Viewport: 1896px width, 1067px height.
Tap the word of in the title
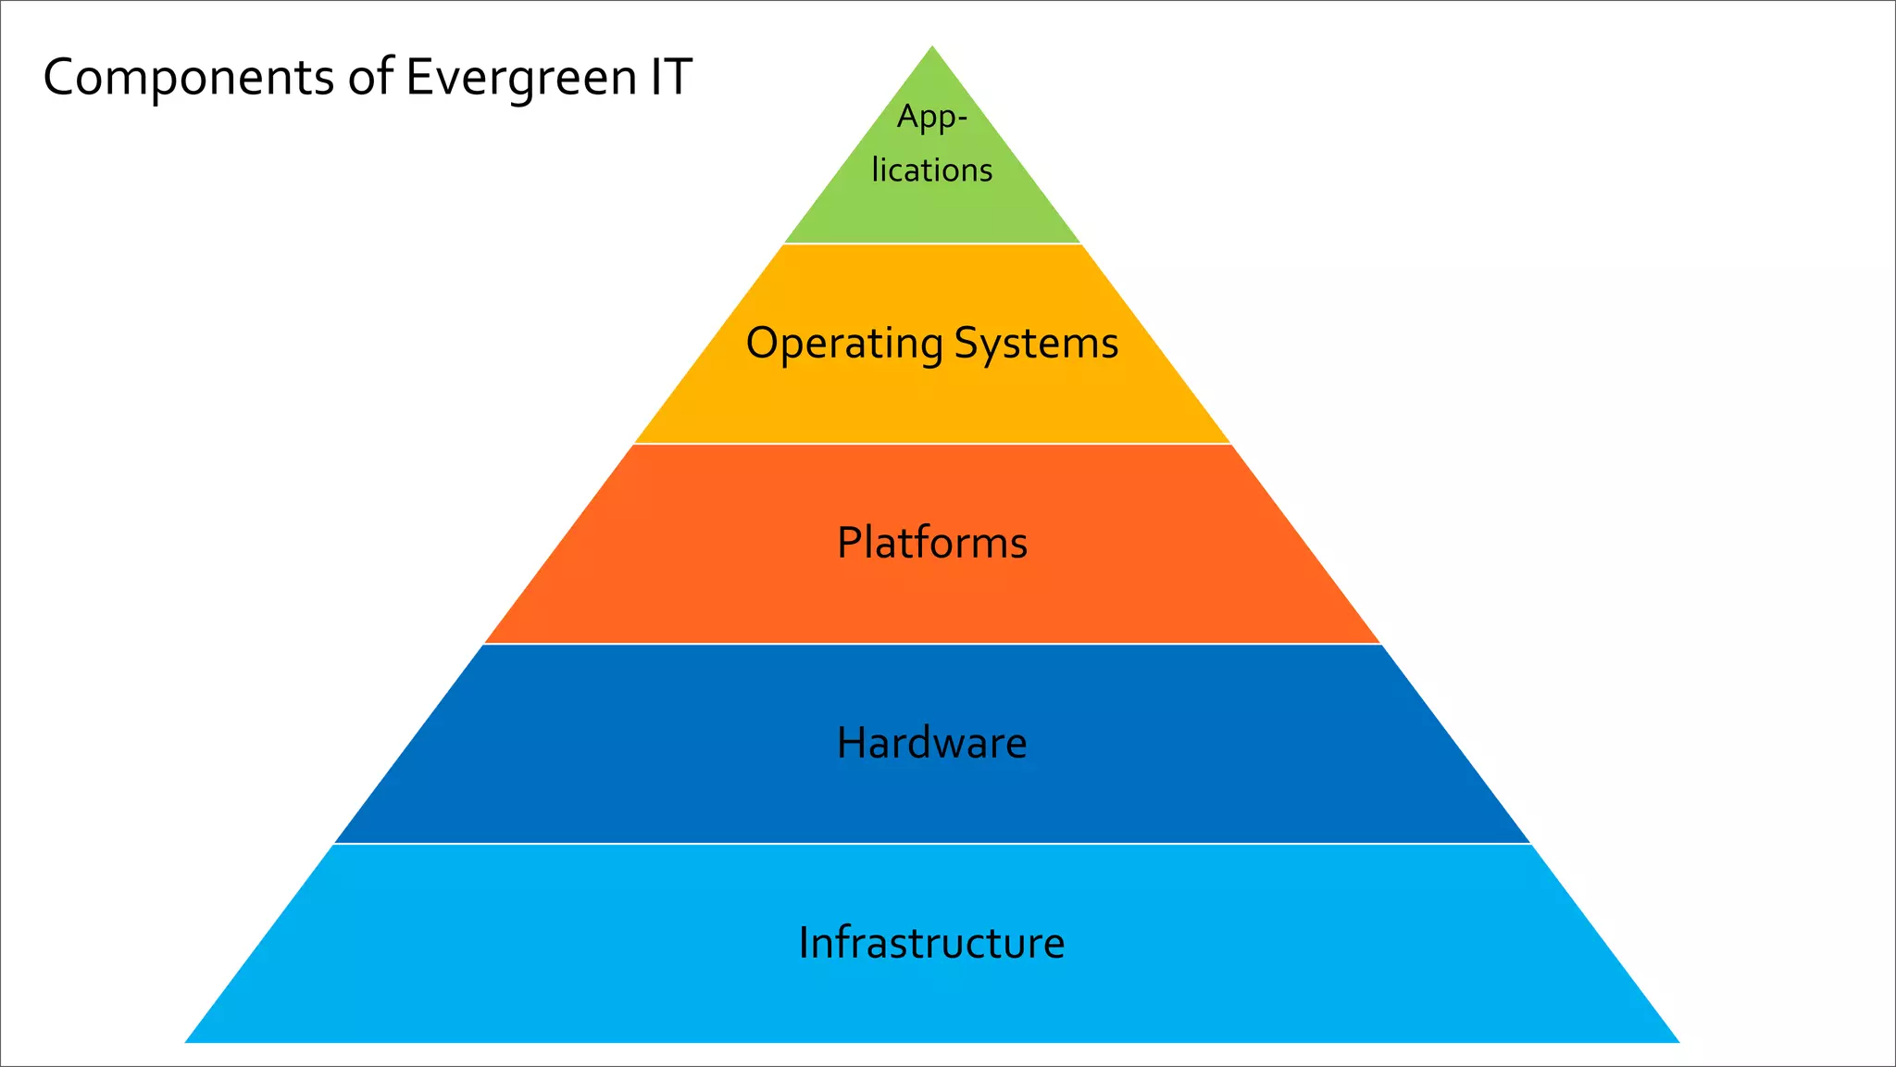(371, 77)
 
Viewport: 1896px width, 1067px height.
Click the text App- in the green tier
(931, 119)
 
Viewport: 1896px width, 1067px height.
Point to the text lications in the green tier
(931, 170)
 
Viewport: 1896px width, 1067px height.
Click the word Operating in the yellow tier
(843, 344)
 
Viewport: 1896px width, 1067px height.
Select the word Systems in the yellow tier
(1036, 344)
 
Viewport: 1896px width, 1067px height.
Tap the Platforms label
(931, 543)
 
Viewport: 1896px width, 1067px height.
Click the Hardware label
(931, 743)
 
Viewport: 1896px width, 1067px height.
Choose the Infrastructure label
(931, 943)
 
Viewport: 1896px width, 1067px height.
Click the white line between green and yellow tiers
(931, 244)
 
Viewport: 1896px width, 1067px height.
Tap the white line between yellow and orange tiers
(931, 444)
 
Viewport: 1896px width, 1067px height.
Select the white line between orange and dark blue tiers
(931, 644)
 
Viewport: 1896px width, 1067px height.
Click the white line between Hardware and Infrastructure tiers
(931, 844)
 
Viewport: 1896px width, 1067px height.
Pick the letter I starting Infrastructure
(804, 943)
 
